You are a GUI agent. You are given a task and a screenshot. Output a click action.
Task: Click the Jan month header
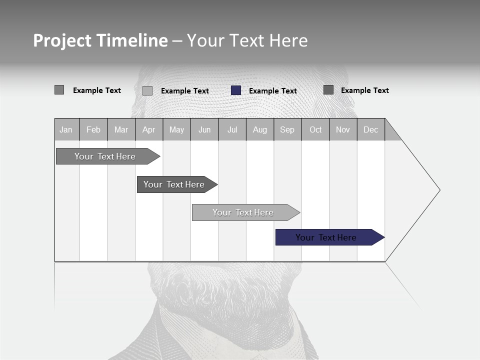66,129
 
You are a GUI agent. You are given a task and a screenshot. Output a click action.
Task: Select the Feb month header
93,129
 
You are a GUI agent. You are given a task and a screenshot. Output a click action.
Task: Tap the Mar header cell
121,129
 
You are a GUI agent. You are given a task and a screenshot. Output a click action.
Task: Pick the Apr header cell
149,129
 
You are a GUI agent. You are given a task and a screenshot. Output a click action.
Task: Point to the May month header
176,129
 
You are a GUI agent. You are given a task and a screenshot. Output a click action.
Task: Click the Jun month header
204,129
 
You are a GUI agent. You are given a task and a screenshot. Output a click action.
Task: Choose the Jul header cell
232,129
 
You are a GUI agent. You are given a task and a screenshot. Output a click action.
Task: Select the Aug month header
260,129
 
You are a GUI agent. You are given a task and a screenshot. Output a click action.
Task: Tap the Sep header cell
287,129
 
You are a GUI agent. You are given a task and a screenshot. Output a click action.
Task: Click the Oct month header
315,129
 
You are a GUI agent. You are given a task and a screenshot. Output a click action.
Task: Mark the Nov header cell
343,129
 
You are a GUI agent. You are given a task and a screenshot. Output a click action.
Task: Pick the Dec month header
371,129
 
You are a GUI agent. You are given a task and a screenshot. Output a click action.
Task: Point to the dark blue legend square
236,90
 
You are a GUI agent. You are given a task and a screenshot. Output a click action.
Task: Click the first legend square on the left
59,90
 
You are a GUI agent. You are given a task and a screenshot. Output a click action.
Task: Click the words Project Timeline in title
100,40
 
